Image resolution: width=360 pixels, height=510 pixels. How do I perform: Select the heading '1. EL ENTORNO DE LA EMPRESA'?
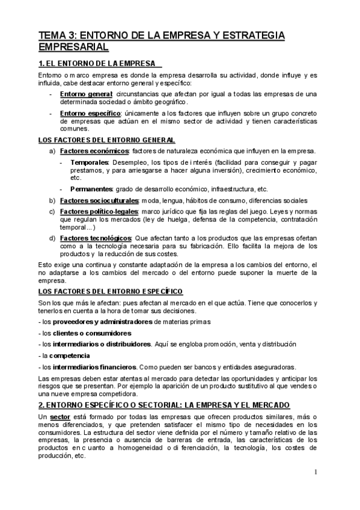pos(99,63)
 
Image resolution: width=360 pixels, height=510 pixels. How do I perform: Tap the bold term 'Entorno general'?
pos(86,94)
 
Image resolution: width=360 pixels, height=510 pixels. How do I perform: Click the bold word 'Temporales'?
pos(89,162)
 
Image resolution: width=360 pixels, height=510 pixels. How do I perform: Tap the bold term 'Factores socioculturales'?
pos(99,200)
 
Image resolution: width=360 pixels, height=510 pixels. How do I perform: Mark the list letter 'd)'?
pos(52,238)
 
